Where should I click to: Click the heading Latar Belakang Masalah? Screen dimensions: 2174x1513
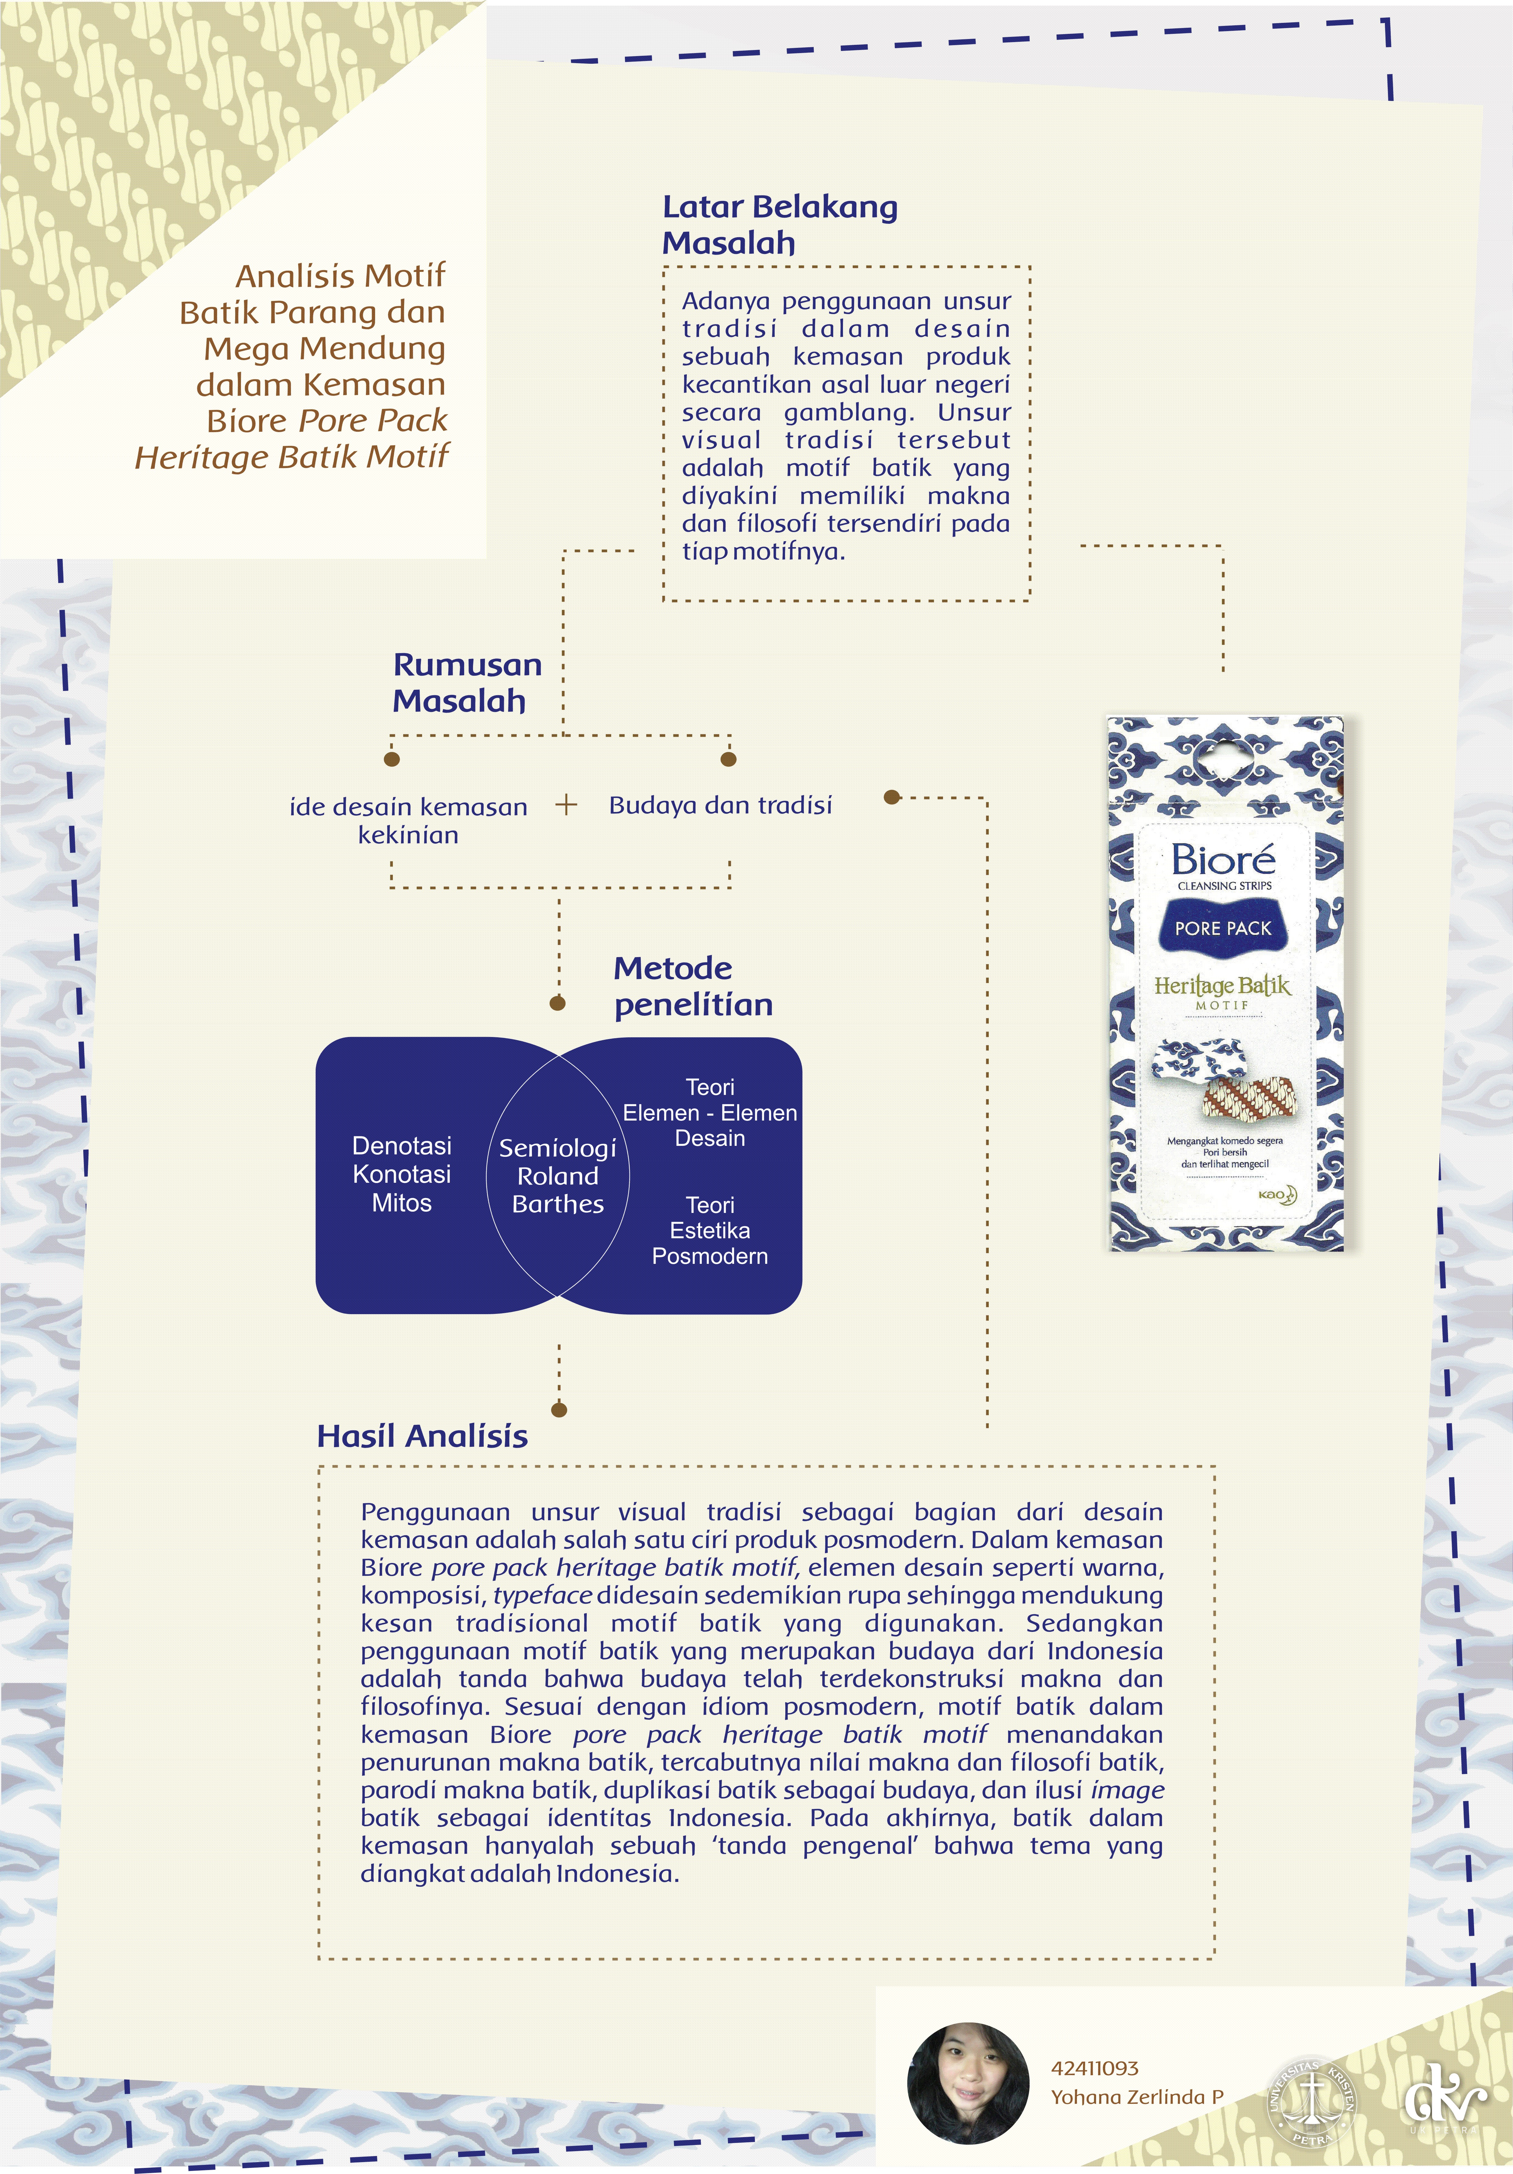point(779,224)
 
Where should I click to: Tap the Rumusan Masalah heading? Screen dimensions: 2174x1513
point(467,683)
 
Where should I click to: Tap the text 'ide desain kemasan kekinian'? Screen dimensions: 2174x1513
point(408,820)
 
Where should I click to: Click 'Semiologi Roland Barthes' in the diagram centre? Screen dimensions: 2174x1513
point(558,1176)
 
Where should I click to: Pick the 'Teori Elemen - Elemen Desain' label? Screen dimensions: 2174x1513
point(710,1113)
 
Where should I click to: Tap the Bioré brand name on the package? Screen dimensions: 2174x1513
point(1222,860)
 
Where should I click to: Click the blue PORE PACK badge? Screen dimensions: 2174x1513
point(1222,928)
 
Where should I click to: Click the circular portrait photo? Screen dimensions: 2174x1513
point(968,2083)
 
